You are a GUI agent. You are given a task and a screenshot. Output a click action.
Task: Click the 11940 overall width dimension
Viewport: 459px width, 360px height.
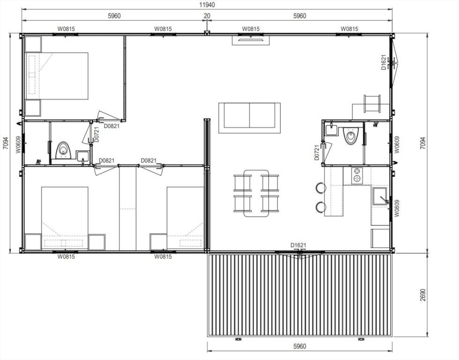click(207, 5)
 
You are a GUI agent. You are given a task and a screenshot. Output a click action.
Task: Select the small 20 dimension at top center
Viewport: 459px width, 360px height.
click(207, 16)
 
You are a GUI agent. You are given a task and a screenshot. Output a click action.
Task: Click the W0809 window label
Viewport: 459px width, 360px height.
click(397, 208)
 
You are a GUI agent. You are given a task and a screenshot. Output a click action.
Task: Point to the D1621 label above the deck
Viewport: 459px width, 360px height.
click(299, 245)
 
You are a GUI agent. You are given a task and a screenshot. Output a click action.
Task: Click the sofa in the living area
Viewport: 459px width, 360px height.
click(249, 118)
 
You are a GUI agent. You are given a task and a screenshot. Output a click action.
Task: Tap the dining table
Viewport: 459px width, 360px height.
click(256, 193)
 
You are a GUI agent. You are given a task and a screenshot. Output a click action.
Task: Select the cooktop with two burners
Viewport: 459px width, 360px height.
click(357, 175)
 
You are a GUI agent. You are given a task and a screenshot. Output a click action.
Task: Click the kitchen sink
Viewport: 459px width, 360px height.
click(380, 196)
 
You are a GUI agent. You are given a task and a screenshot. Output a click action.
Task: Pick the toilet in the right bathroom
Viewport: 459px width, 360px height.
click(350, 136)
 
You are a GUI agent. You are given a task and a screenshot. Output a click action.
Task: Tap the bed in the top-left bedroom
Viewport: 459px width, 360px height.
click(57, 76)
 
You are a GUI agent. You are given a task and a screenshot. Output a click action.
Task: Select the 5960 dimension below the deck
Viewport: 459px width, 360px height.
click(299, 346)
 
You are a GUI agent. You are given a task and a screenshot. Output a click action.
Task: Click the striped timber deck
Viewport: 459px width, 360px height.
click(299, 295)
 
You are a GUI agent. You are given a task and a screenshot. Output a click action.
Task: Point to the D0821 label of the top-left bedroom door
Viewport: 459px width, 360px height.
click(112, 126)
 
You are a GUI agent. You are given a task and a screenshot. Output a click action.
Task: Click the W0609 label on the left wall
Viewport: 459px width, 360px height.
click(18, 144)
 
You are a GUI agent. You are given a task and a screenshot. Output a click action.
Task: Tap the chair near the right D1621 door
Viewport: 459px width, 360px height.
click(372, 104)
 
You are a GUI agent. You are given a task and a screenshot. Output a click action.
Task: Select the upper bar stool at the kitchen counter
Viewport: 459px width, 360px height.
click(321, 187)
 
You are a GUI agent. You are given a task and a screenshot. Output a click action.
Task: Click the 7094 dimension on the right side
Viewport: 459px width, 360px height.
click(422, 144)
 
